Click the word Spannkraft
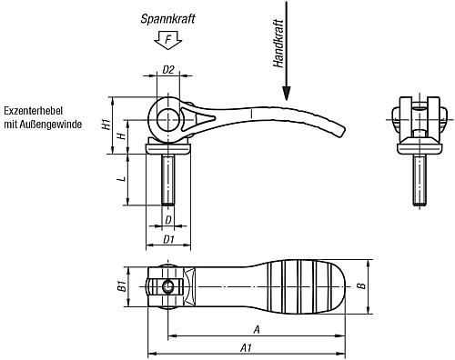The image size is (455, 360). tap(167, 19)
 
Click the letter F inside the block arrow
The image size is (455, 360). tap(167, 40)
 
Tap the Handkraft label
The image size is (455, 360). tap(278, 44)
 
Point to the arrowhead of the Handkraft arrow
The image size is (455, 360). tap(286, 93)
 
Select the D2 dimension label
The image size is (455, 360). tap(168, 70)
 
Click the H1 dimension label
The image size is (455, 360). tap(106, 125)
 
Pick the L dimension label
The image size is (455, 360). tap(122, 179)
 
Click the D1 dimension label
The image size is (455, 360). tap(168, 239)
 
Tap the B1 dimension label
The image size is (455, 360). tap(121, 286)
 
